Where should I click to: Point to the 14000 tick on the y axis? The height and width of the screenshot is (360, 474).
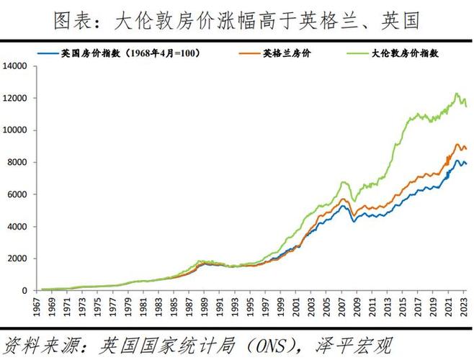tap(15, 66)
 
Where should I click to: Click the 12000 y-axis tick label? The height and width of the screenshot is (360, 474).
tap(15, 99)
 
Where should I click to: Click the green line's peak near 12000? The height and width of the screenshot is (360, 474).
tap(457, 94)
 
